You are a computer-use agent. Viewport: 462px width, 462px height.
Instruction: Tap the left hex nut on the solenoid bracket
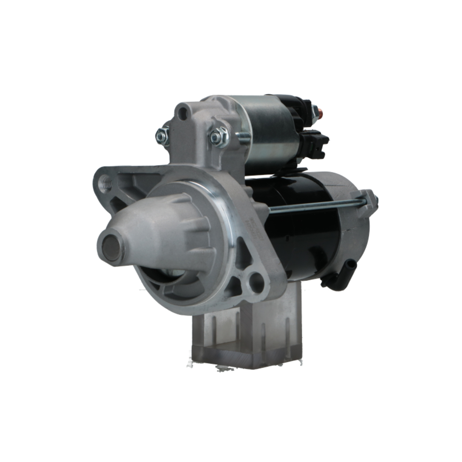162,135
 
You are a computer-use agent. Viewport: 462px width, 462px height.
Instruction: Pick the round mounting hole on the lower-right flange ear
255,281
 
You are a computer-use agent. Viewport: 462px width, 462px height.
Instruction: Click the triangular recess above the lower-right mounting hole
243,259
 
